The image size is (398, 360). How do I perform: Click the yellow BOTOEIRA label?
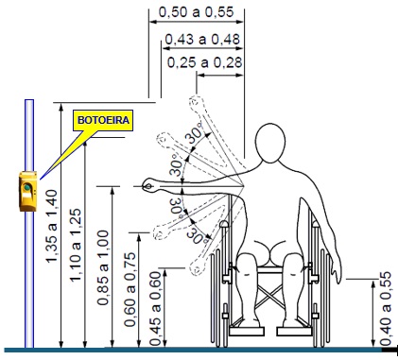tap(103, 120)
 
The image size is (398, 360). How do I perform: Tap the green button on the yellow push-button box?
tap(27, 188)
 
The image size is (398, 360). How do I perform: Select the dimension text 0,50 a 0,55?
tap(197, 12)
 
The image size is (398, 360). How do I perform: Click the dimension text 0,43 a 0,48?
tap(202, 40)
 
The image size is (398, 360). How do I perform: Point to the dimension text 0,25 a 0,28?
tap(204, 62)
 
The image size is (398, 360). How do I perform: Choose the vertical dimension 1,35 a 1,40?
tap(51, 226)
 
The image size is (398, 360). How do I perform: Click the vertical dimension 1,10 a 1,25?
tap(76, 245)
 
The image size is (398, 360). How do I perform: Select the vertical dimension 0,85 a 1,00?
tap(103, 267)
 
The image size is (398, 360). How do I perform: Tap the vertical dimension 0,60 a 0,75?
tap(130, 289)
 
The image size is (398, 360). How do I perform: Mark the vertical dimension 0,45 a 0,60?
tap(156, 308)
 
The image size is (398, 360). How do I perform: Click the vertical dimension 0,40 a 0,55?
tap(385, 308)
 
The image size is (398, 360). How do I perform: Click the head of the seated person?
tap(270, 143)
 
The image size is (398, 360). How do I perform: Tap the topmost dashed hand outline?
tap(196, 102)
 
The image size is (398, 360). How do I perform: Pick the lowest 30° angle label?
tap(197, 234)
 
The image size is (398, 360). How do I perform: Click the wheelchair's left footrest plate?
tap(246, 332)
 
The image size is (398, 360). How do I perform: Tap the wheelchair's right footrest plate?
tap(295, 332)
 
